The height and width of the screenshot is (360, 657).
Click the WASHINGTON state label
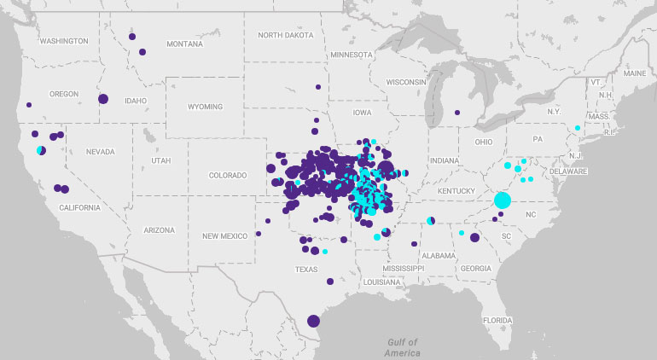pyautogui.click(x=63, y=41)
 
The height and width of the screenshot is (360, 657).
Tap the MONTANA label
pyautogui.click(x=185, y=44)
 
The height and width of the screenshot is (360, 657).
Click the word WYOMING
pyautogui.click(x=205, y=107)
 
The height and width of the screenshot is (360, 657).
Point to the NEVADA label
pyautogui.click(x=100, y=152)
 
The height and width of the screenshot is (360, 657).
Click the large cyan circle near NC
pyautogui.click(x=502, y=200)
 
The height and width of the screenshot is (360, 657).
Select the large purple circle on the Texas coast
pyautogui.click(x=313, y=321)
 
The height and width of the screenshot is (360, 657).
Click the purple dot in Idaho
pyautogui.click(x=103, y=99)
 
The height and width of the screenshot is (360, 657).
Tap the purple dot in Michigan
pyautogui.click(x=457, y=113)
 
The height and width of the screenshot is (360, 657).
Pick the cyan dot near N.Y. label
pyautogui.click(x=578, y=128)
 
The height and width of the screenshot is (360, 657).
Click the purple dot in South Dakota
pyautogui.click(x=317, y=86)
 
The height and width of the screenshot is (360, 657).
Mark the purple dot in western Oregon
pyautogui.click(x=29, y=105)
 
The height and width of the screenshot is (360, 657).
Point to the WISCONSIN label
pyautogui.click(x=404, y=82)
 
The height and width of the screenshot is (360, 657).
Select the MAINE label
pyautogui.click(x=635, y=73)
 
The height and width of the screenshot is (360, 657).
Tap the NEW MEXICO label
pyautogui.click(x=224, y=235)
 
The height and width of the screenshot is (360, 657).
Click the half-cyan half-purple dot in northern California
pyautogui.click(x=41, y=151)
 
